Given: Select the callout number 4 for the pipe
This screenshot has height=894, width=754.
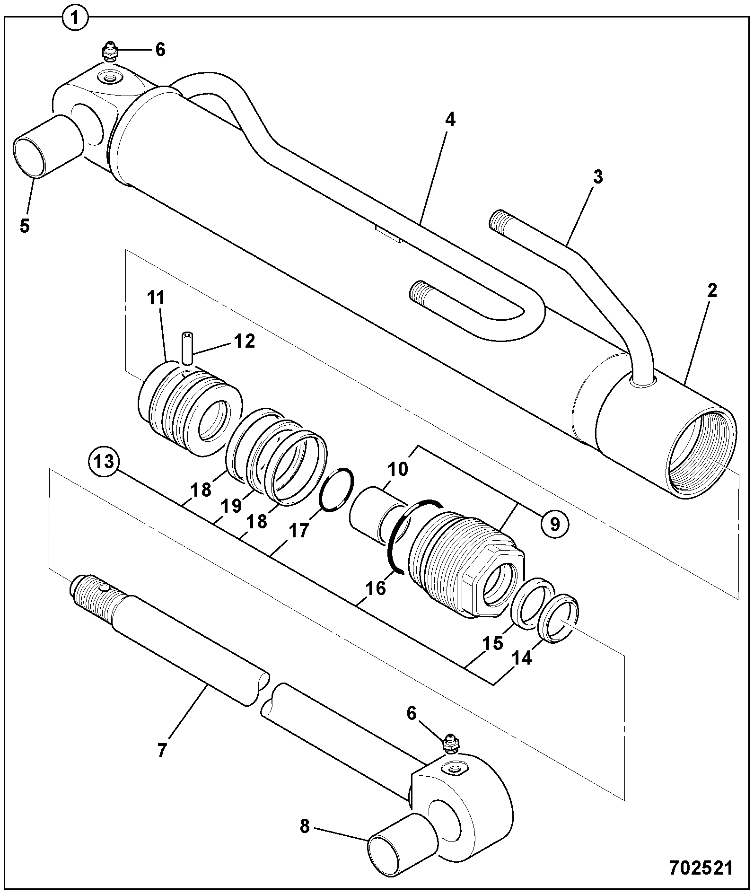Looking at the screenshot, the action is pos(451,121).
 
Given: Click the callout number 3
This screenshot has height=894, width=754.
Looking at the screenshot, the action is pos(598,178).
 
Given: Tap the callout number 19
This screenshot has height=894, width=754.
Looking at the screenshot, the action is pos(231,506).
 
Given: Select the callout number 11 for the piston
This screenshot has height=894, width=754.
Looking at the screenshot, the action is pos(156,298).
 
